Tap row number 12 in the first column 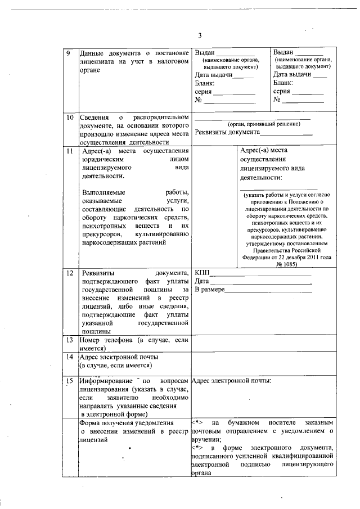pos(70,274)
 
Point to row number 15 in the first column pos(70,381)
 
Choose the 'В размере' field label pos(210,289)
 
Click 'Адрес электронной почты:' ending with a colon pos(232,381)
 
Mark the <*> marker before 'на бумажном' pos(197,422)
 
